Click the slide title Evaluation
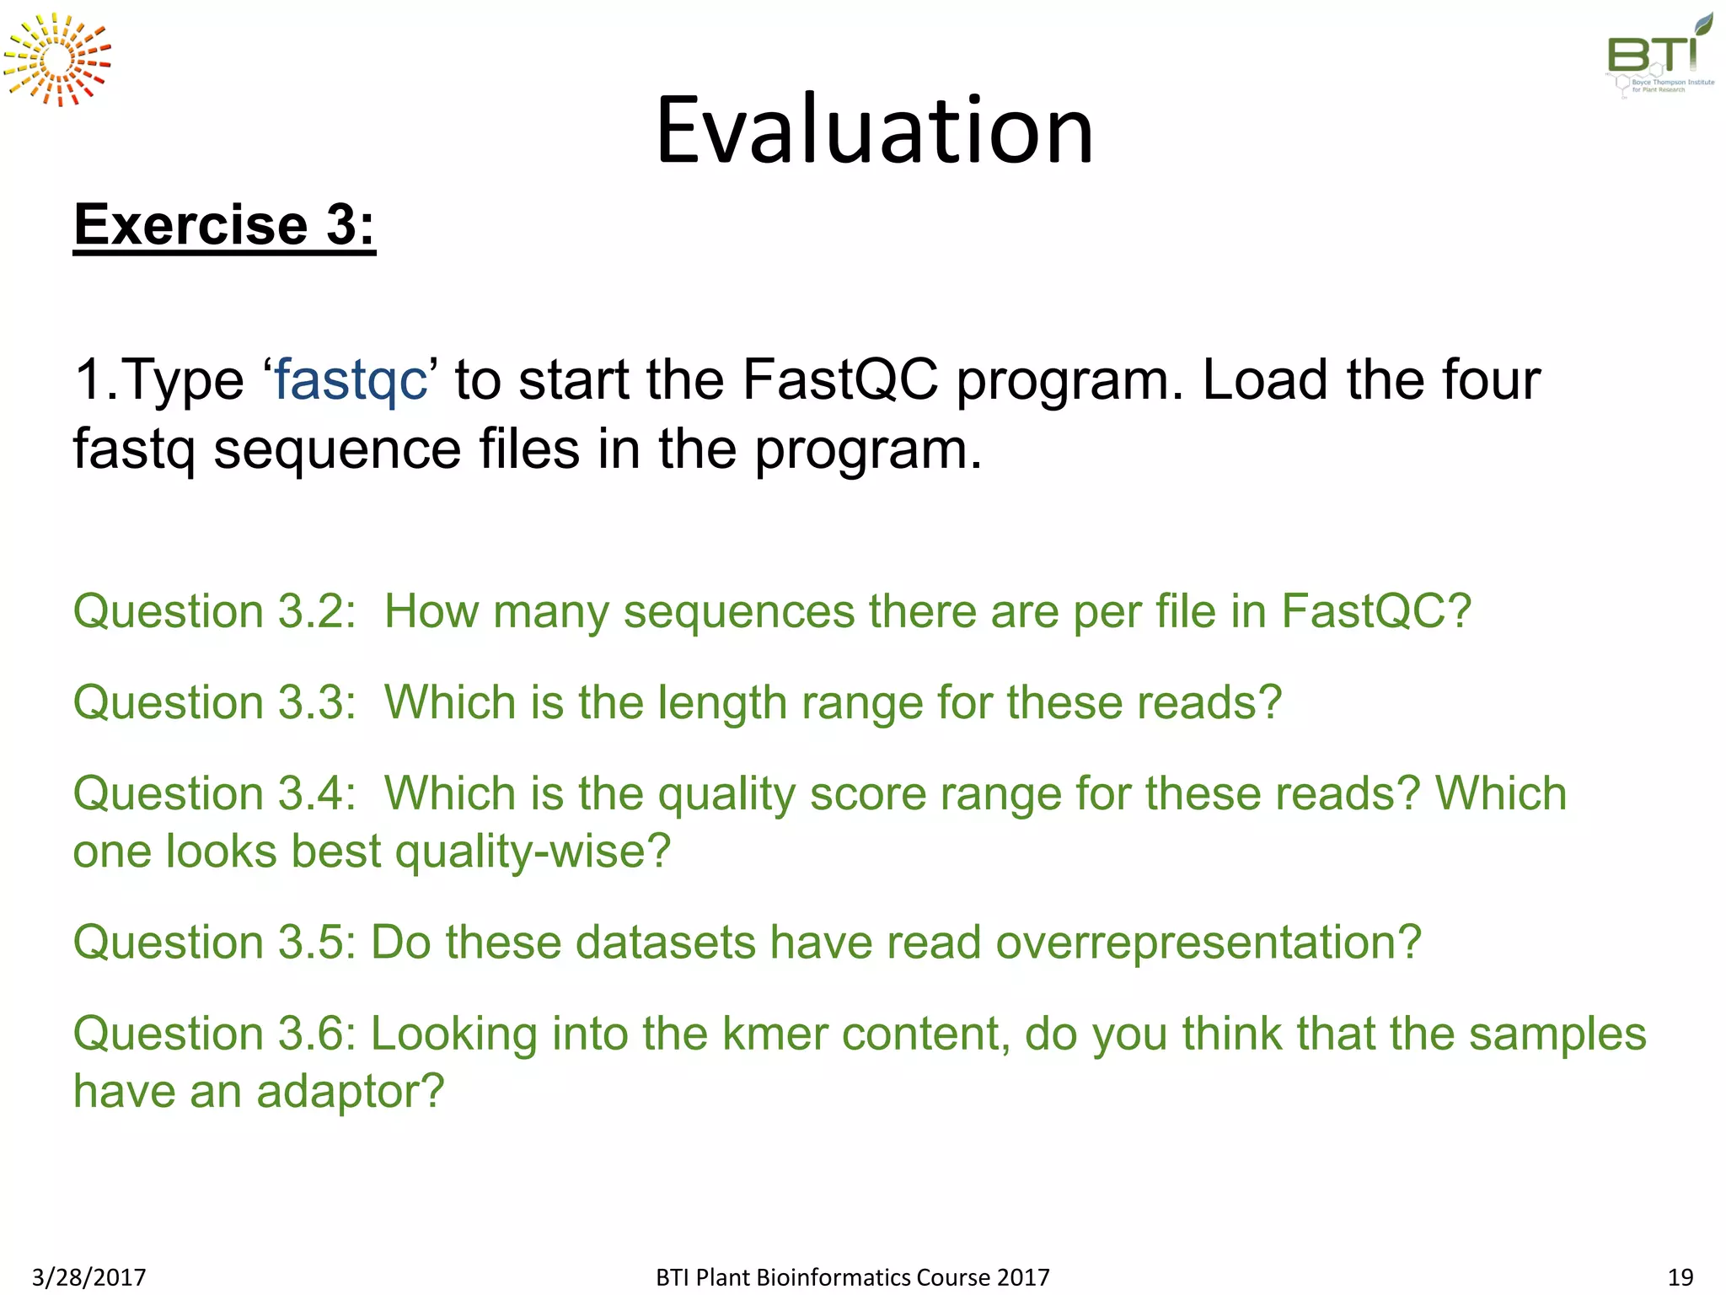(874, 131)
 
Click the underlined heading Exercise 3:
(224, 225)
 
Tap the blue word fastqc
(351, 379)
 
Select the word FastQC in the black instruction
(840, 379)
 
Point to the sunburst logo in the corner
(57, 60)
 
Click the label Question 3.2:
(215, 611)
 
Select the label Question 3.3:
(215, 702)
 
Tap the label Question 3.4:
(215, 793)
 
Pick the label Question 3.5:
(215, 942)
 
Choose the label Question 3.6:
(215, 1034)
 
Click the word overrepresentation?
(1209, 942)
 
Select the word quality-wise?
(533, 852)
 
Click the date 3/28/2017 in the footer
(89, 1277)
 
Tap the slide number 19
(1680, 1277)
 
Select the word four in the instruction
(1492, 379)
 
